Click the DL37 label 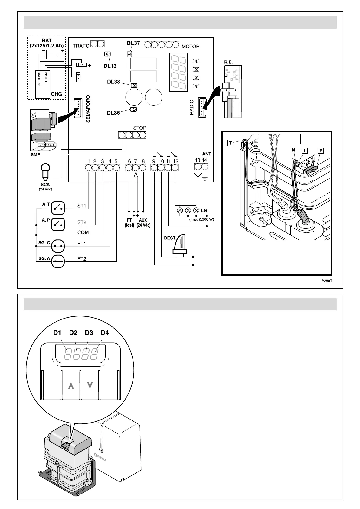click(133, 43)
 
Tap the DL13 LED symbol click(107, 54)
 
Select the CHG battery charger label click(56, 94)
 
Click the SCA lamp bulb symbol click(45, 171)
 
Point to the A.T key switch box click(58, 207)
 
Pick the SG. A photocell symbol click(58, 262)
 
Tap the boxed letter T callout click(230, 143)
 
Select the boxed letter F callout click(320, 151)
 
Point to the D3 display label click(89, 333)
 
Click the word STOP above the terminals click(139, 128)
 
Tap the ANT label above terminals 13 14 click(207, 154)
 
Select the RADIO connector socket click(202, 107)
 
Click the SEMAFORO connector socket click(78, 108)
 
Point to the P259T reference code click(327, 281)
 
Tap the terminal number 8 click(143, 161)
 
